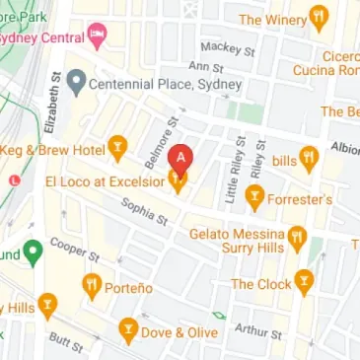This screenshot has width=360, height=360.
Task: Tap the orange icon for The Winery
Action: tap(319, 17)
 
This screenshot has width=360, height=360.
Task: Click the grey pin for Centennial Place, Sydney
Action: tap(76, 85)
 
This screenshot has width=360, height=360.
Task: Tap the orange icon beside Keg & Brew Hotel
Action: tap(118, 150)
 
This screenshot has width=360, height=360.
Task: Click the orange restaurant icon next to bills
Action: tap(308, 158)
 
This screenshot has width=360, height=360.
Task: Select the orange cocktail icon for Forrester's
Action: tap(254, 198)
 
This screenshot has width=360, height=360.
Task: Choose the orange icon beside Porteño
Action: tap(93, 287)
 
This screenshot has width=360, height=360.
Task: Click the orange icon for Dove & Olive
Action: tap(127, 331)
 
